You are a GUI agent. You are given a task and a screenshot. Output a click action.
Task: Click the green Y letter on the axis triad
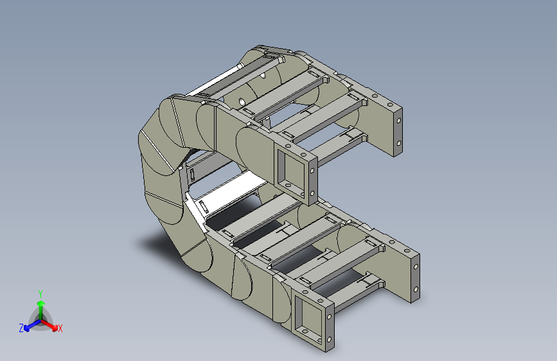point(40,294)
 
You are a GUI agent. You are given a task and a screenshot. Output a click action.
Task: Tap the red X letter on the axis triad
point(60,328)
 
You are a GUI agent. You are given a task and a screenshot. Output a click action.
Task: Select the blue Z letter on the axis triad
point(21,328)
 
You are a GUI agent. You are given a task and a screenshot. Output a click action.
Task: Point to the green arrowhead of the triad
point(41,303)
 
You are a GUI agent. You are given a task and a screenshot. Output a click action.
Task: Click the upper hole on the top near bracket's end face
point(312,171)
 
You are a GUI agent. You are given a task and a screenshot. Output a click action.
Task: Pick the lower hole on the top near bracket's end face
point(312,193)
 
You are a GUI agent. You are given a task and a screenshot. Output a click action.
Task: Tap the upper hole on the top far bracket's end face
point(398,121)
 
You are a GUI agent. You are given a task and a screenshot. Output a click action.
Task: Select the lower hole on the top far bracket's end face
point(398,143)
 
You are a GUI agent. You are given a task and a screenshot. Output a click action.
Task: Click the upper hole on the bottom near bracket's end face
point(330,316)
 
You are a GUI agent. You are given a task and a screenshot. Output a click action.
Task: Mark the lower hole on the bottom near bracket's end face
point(330,339)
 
